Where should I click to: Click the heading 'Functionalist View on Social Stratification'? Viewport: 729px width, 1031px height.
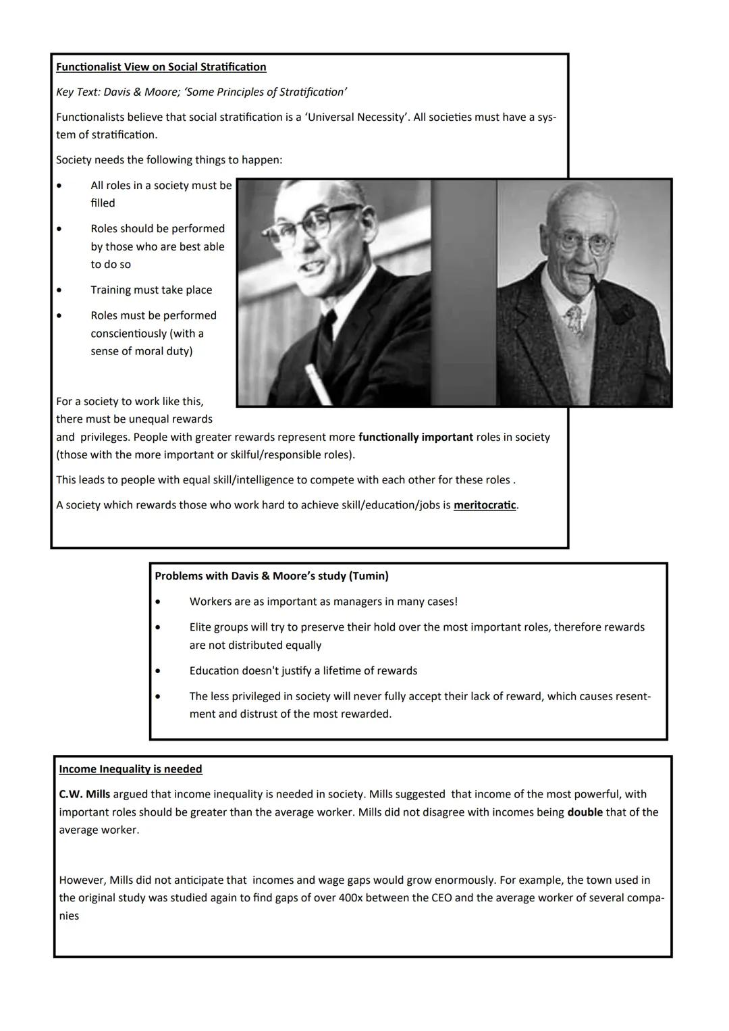(161, 67)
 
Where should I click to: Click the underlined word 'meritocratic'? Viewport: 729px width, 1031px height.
(485, 505)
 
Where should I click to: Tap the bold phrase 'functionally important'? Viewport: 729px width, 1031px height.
(415, 437)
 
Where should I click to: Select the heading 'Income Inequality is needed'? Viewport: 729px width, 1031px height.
(130, 769)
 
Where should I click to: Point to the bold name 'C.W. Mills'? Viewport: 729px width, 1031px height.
(84, 794)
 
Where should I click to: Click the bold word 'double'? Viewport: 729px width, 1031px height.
(585, 812)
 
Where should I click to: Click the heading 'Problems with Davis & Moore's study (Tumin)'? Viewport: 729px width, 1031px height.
(271, 576)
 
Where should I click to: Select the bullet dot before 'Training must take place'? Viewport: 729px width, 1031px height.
(60, 290)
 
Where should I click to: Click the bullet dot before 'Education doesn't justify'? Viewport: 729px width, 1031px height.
(158, 671)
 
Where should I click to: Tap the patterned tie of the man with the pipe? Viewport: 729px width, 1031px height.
(575, 319)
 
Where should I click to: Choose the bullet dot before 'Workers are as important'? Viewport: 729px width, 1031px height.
(158, 602)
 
